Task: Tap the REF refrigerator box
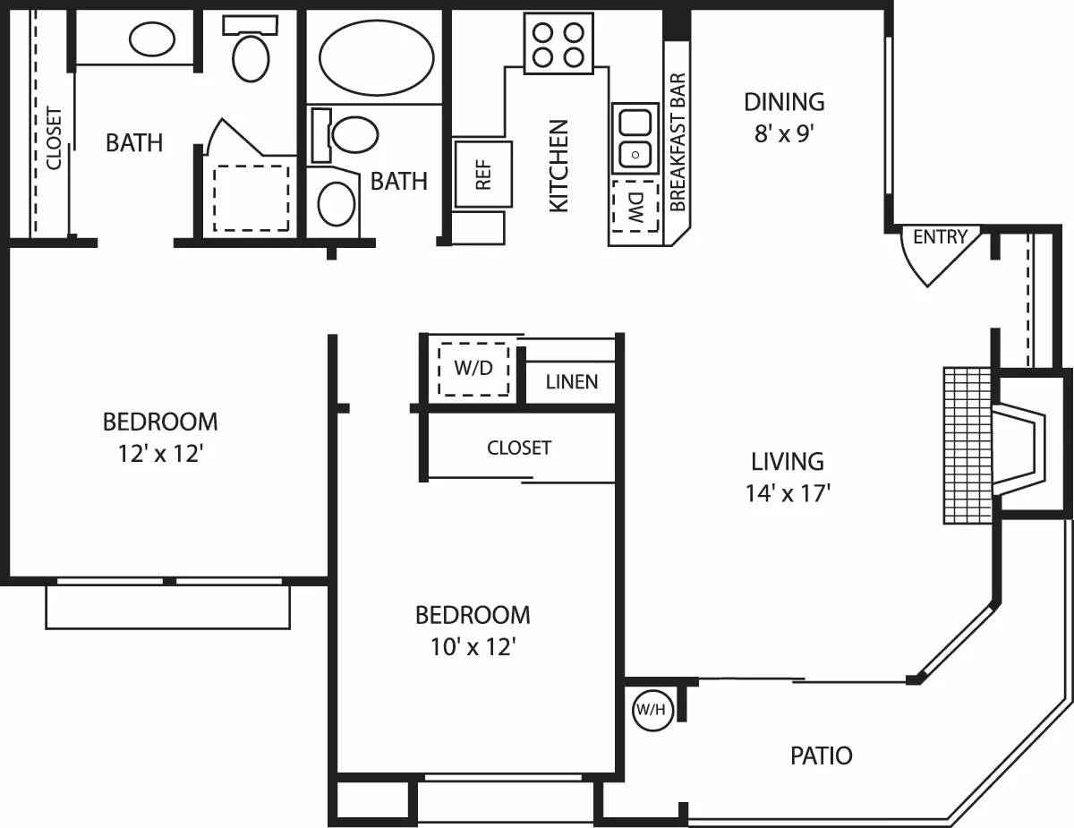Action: click(482, 174)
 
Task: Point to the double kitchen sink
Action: click(635, 138)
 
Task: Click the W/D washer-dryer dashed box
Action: click(473, 368)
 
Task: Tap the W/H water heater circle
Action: click(651, 711)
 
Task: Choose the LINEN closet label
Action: click(571, 382)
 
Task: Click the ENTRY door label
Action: click(940, 237)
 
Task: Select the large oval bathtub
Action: click(376, 57)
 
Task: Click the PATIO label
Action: click(821, 755)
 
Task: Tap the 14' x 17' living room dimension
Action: click(787, 493)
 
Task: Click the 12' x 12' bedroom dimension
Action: click(160, 454)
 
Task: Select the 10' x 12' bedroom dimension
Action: click(472, 647)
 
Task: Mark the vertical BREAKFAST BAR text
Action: click(678, 142)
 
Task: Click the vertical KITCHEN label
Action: click(558, 166)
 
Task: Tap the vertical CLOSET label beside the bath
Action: click(54, 139)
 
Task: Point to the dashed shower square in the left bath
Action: click(251, 197)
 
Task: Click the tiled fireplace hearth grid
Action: click(966, 445)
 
